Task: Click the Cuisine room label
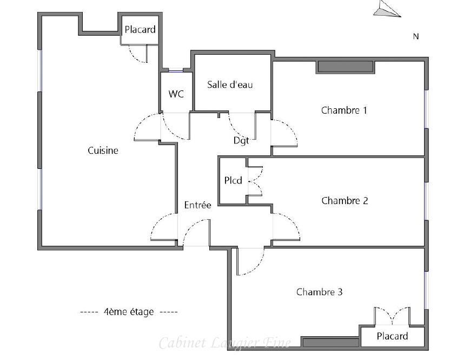point(103,150)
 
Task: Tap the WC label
point(176,94)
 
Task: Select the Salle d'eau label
point(230,84)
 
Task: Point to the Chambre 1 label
point(344,110)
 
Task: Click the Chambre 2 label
point(345,201)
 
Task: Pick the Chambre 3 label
point(319,292)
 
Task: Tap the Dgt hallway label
point(241,141)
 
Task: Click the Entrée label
point(197,205)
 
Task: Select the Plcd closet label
point(233,180)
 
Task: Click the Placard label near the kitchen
point(140,30)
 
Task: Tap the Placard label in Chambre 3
point(392,336)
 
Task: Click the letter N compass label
point(416,37)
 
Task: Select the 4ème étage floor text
point(128,312)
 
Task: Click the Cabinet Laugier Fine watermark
point(224,343)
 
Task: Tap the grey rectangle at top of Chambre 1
point(345,67)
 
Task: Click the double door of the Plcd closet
point(255,180)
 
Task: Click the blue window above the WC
point(176,69)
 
